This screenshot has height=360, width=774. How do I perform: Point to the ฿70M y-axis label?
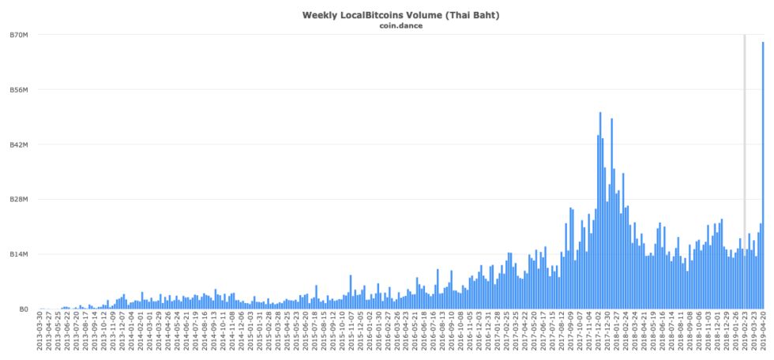point(19,36)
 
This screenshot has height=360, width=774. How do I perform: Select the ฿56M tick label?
point(19,90)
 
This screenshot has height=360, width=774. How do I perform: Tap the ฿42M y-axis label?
point(19,144)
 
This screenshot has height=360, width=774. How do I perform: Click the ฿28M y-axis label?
point(19,200)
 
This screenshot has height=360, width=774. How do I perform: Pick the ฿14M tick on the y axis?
point(19,254)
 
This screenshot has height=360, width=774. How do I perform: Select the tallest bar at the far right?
point(763,174)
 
